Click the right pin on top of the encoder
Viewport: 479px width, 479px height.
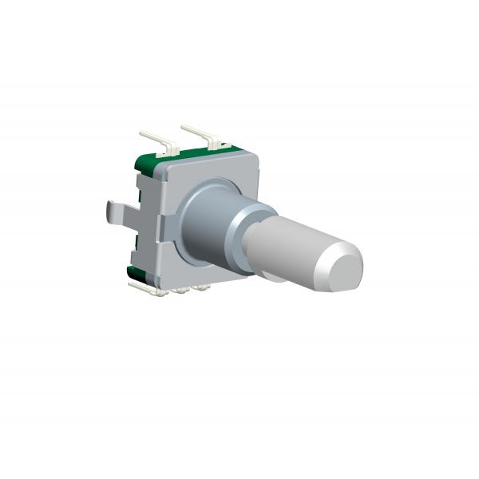point(198,131)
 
